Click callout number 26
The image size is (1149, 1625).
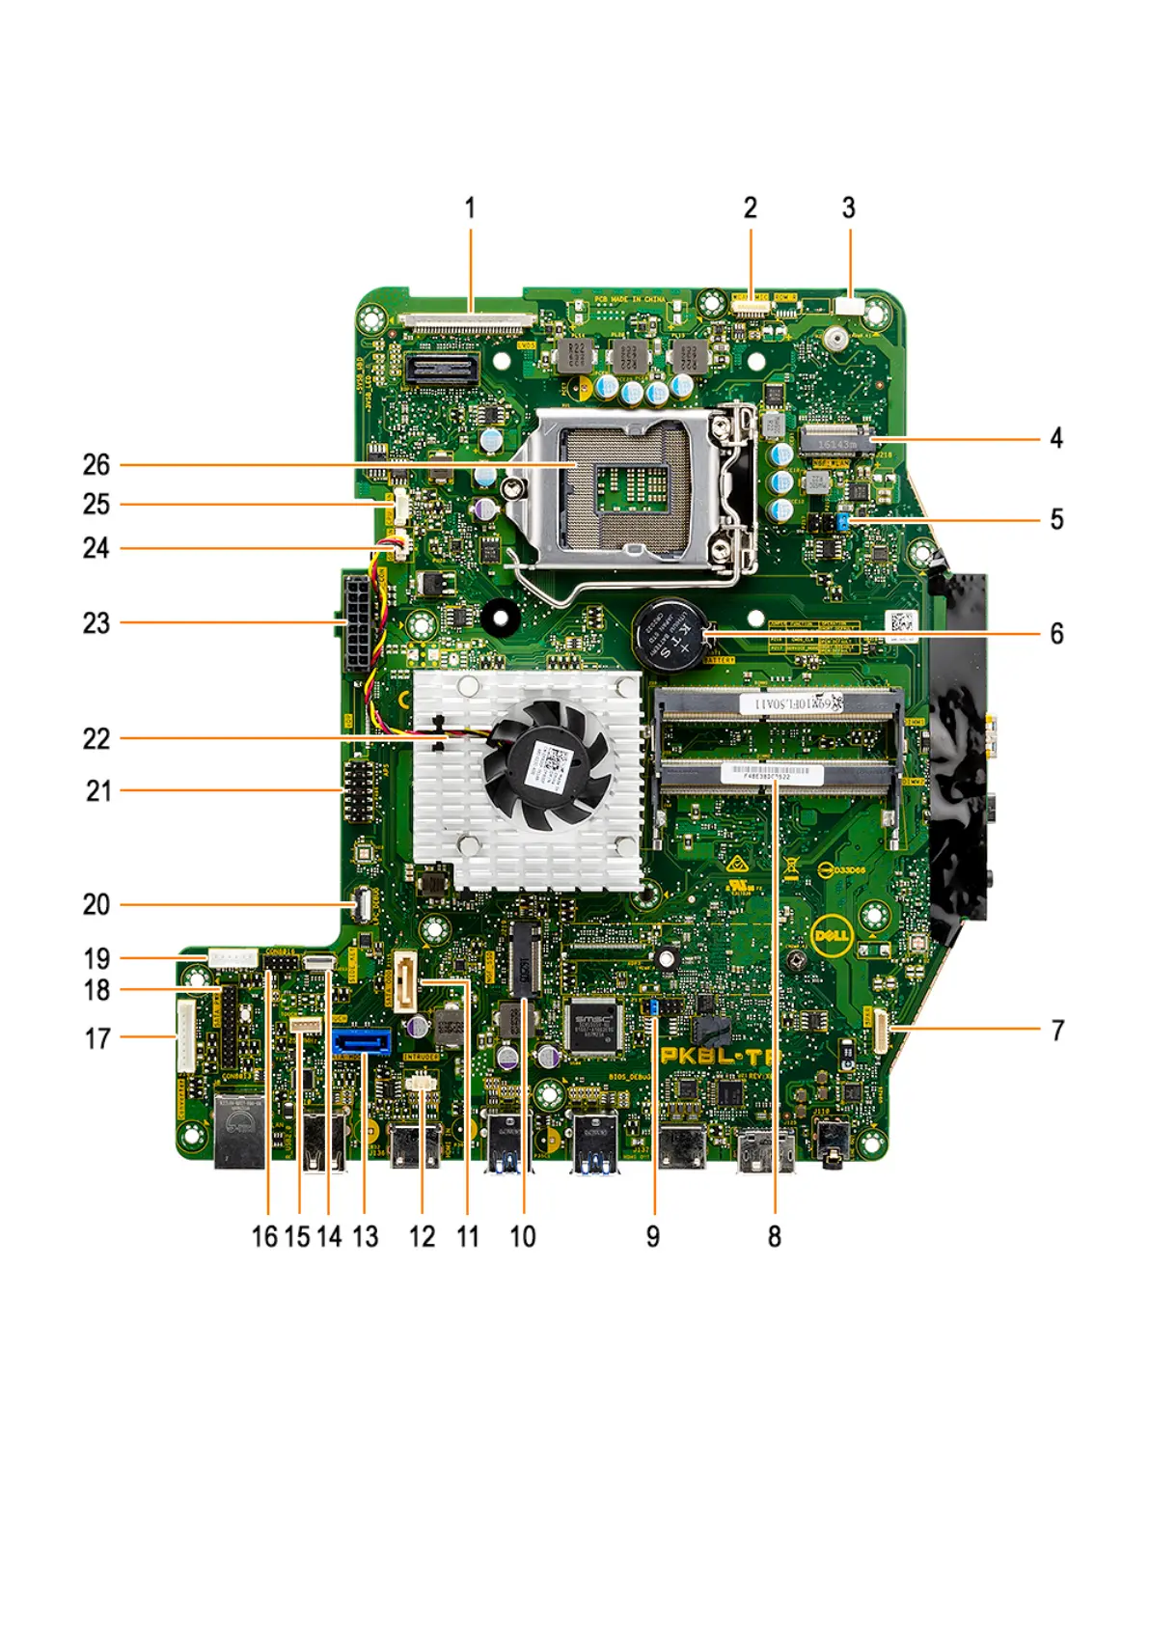(x=96, y=465)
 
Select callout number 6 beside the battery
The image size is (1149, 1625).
(x=1056, y=634)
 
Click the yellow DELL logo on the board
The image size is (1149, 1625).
(x=833, y=936)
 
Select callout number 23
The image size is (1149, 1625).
(x=96, y=623)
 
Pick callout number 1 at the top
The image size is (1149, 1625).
(x=470, y=208)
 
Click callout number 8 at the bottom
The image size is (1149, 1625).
(x=774, y=1237)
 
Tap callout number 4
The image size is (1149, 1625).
(x=1056, y=438)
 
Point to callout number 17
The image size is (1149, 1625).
(x=97, y=1039)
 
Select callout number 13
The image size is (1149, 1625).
(x=366, y=1237)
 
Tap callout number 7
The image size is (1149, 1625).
(x=1057, y=1031)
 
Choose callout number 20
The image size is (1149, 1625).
(x=96, y=905)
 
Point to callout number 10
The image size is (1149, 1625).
(x=523, y=1237)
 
